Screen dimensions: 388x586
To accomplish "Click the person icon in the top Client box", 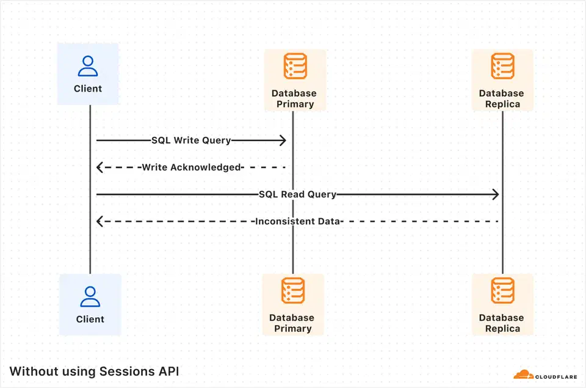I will [88, 66].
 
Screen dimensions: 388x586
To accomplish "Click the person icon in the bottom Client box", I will [90, 296].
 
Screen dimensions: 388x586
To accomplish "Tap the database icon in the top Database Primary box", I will [294, 66].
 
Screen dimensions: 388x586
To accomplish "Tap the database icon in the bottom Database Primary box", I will [293, 291].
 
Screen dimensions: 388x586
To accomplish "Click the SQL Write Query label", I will [191, 141].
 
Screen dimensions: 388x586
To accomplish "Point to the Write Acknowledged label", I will [192, 167].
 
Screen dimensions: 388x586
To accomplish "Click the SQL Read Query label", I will [297, 194].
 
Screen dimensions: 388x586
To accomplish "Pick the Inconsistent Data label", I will [297, 221].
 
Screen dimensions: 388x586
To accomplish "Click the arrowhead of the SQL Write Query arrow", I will [283, 141].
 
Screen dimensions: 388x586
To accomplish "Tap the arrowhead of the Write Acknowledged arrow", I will [100, 167].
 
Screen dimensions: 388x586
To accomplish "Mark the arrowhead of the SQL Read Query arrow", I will [496, 194].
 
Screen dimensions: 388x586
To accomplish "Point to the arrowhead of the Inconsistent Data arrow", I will [100, 221].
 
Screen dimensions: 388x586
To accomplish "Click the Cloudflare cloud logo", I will [523, 375].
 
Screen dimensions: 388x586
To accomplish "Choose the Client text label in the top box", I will [88, 89].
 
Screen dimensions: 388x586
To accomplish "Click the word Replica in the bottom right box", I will [502, 329].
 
